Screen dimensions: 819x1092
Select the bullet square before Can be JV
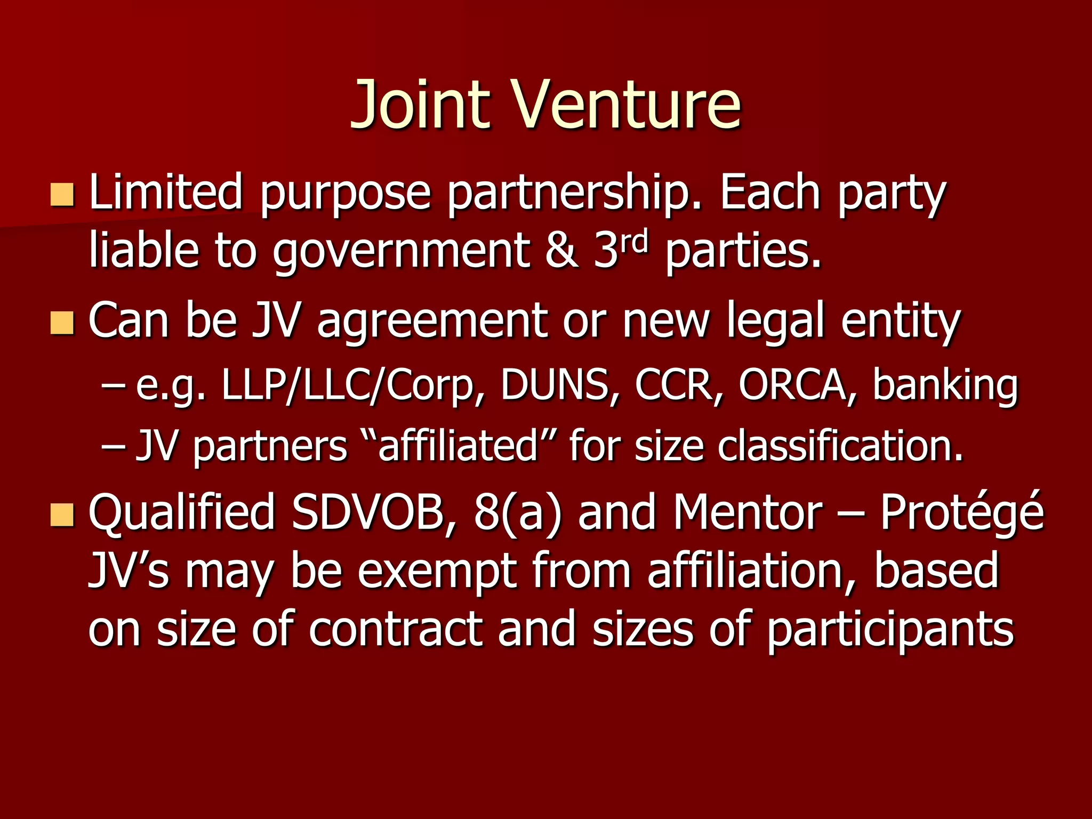tap(62, 323)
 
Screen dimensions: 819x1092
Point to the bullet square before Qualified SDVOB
tap(62, 515)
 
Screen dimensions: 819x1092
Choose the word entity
tap(901, 322)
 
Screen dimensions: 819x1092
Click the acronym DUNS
tap(555, 385)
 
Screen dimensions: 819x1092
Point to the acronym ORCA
tap(792, 385)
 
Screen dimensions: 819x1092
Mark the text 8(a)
tap(517, 514)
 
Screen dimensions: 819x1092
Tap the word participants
tap(890, 631)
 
